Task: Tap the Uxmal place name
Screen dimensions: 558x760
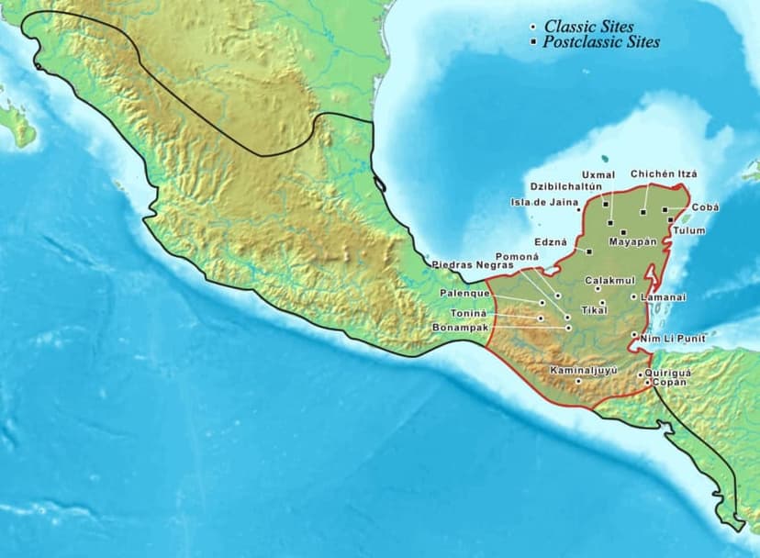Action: tap(598, 174)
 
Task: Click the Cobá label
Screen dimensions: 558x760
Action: tap(705, 207)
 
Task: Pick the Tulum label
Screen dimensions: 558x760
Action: tap(688, 230)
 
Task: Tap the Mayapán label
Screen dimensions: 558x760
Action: tap(633, 242)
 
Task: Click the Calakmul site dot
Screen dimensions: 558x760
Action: tap(598, 290)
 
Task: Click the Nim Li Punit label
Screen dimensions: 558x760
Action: tap(674, 339)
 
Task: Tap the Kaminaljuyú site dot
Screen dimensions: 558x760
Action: tap(578, 381)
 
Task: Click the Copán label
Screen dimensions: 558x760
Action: tap(668, 382)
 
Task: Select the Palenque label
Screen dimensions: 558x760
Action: tap(464, 293)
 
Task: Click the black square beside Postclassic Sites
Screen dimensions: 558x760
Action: tap(533, 42)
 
